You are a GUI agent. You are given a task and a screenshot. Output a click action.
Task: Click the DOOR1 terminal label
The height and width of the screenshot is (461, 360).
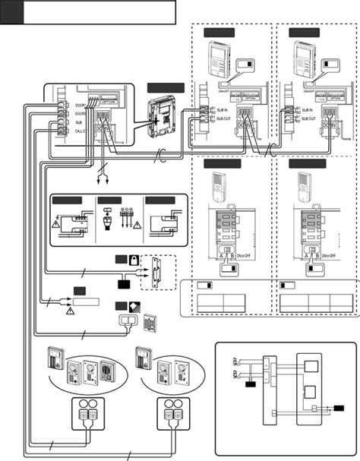(x=81, y=106)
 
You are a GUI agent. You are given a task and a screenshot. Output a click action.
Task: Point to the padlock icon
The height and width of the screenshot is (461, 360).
(x=133, y=259)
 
